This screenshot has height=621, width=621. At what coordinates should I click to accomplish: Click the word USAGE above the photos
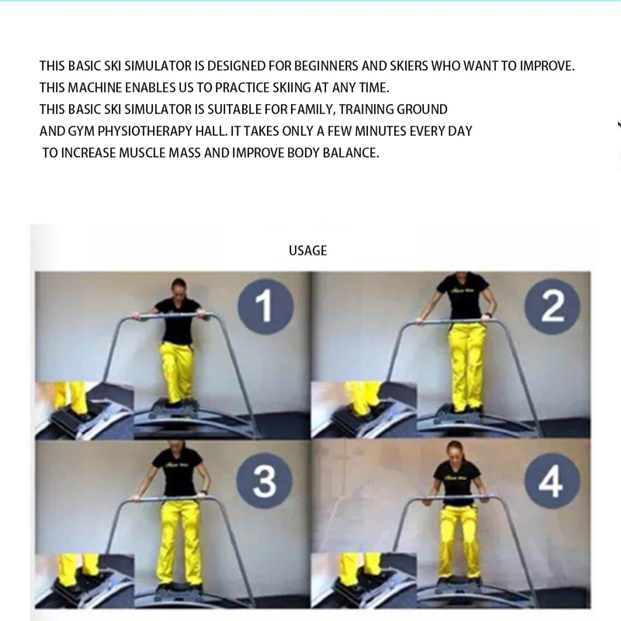click(308, 251)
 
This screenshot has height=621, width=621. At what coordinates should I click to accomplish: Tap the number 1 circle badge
click(265, 305)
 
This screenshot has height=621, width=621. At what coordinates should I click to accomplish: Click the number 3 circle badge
click(265, 481)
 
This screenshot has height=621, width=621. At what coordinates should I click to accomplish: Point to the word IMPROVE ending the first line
click(545, 66)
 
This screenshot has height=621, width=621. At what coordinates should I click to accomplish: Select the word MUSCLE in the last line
click(141, 153)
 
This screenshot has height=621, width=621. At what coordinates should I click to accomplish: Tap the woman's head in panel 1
click(179, 286)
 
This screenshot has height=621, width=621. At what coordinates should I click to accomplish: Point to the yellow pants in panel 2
click(467, 365)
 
